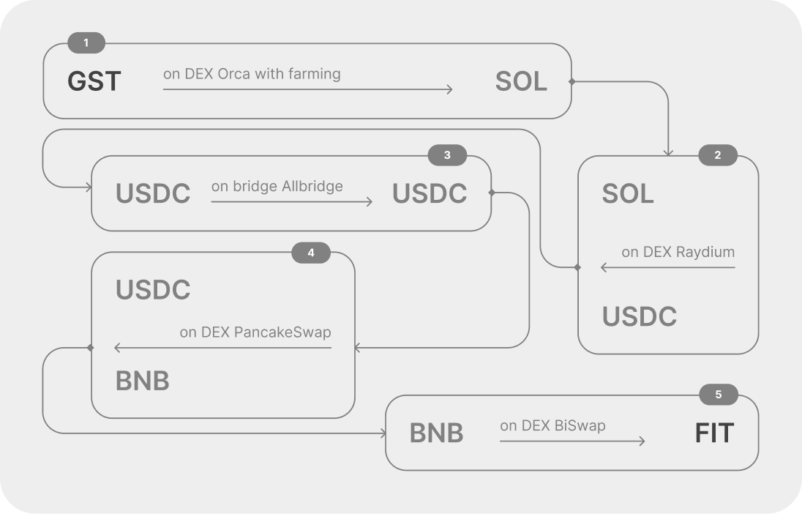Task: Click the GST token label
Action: pyautogui.click(x=94, y=81)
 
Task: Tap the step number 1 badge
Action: pyautogui.click(x=86, y=42)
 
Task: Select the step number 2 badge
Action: pyautogui.click(x=718, y=155)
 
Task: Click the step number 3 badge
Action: pyautogui.click(x=447, y=155)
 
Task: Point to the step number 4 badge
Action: pyautogui.click(x=311, y=253)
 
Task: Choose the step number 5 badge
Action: pyautogui.click(x=718, y=394)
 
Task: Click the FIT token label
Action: pyautogui.click(x=714, y=433)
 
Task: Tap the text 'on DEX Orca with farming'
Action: pyautogui.click(x=252, y=74)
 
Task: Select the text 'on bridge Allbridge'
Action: pyautogui.click(x=277, y=187)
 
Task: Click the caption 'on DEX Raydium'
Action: pyautogui.click(x=678, y=252)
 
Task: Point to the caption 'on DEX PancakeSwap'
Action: pyautogui.click(x=255, y=332)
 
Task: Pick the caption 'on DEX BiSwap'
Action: pyautogui.click(x=552, y=425)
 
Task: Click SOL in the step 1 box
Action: pyautogui.click(x=521, y=81)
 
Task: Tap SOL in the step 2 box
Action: pyautogui.click(x=628, y=193)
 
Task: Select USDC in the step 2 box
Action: pyautogui.click(x=640, y=316)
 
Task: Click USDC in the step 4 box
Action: pyautogui.click(x=153, y=290)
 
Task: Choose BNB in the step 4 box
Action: pyautogui.click(x=142, y=381)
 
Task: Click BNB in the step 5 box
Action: pyautogui.click(x=436, y=433)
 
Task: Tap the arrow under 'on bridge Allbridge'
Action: pyautogui.click(x=291, y=201)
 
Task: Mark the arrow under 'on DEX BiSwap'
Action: pyautogui.click(x=572, y=441)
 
